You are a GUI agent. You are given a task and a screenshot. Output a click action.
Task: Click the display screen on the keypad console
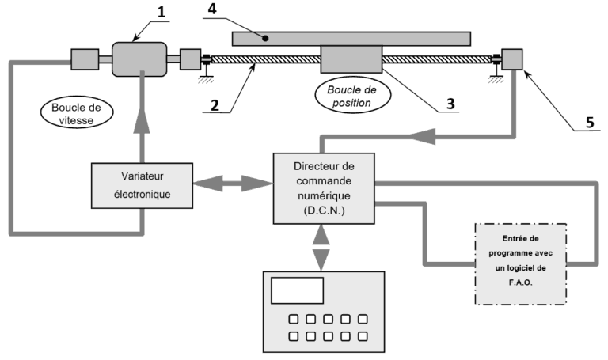coord(297,290)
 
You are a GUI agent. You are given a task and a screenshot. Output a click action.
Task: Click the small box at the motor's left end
coord(84,59)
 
